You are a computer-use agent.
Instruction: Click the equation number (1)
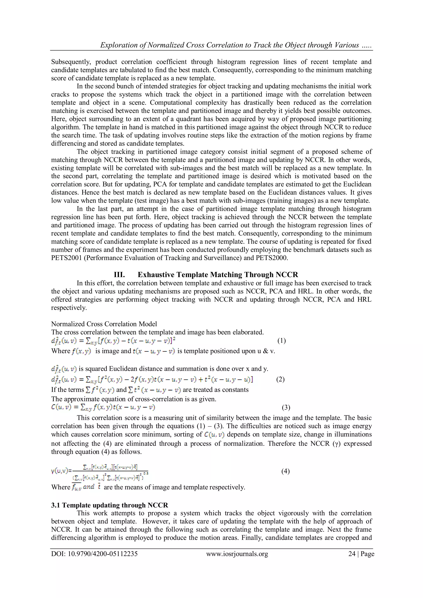pyautogui.click(x=282, y=341)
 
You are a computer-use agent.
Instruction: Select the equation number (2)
pyautogui.click(x=280, y=380)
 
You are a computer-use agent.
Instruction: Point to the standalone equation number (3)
pyautogui.click(x=286, y=408)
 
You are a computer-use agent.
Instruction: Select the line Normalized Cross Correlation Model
pyautogui.click(x=104, y=324)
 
